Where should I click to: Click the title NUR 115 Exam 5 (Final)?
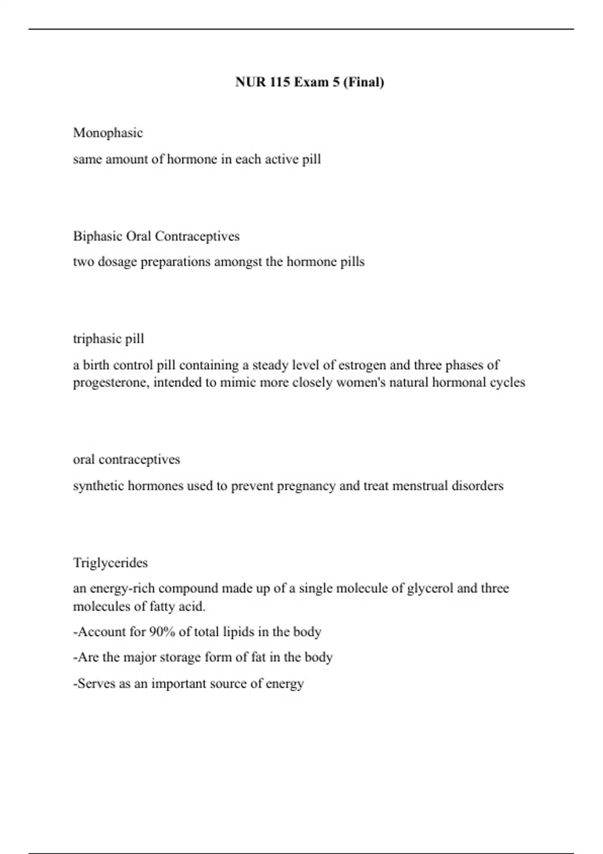pyautogui.click(x=310, y=82)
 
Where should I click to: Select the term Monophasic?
pyautogui.click(x=108, y=133)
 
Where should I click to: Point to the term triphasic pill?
pyautogui.click(x=109, y=339)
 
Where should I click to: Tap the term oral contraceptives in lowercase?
pyautogui.click(x=127, y=460)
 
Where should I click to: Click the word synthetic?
pyautogui.click(x=98, y=486)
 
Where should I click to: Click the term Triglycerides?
pyautogui.click(x=111, y=563)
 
